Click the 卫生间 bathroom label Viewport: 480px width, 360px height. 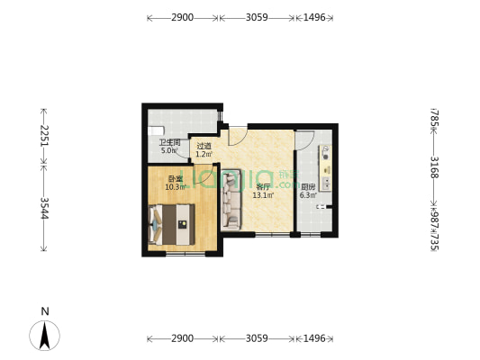coord(170,142)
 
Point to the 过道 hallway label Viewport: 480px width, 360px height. coord(204,146)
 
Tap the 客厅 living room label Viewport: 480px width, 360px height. coord(263,186)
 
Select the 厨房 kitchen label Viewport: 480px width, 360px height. coord(308,186)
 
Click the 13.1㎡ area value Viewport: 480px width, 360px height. coord(263,195)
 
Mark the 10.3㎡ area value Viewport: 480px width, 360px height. coord(175,187)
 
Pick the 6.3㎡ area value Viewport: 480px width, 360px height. coord(308,195)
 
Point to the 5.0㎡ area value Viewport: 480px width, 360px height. coord(169,151)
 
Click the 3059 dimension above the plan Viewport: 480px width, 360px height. coord(257,17)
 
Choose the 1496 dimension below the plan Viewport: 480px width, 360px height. coord(315,339)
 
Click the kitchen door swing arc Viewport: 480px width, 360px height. coord(303,140)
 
